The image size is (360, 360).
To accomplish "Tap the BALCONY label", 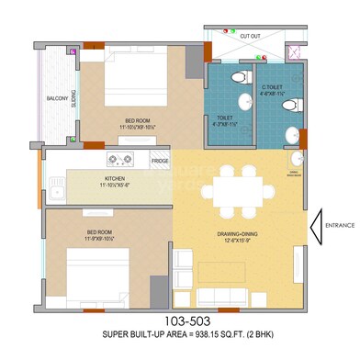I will pos(57,98).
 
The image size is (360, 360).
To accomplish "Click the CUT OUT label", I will pos(251,36).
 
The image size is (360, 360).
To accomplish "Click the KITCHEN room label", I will pos(115,181).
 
